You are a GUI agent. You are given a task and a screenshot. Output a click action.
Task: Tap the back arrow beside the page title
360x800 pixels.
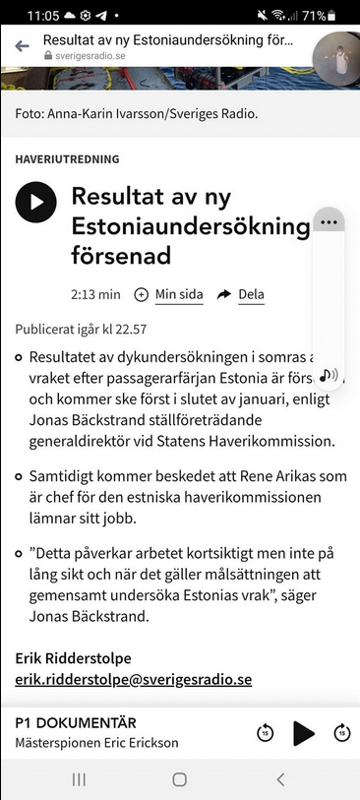pyautogui.click(x=22, y=46)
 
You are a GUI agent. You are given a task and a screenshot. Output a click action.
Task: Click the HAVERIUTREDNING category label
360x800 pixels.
pyautogui.click(x=67, y=158)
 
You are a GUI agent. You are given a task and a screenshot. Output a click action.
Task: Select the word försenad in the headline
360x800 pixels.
pyautogui.click(x=121, y=256)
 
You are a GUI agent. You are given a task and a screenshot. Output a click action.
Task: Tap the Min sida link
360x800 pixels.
pyautogui.click(x=178, y=294)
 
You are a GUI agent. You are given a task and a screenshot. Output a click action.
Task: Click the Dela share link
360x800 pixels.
pyautogui.click(x=251, y=294)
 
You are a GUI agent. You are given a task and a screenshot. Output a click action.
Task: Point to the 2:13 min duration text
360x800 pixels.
pyautogui.click(x=95, y=294)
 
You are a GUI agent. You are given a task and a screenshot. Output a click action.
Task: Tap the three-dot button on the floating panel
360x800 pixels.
pyautogui.click(x=329, y=221)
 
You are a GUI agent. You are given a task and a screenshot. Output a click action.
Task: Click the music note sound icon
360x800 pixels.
pyautogui.click(x=329, y=374)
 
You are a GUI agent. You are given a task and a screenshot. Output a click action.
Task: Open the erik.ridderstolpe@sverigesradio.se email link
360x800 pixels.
pyautogui.click(x=134, y=679)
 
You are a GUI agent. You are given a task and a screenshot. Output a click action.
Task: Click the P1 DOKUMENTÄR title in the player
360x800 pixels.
pyautogui.click(x=76, y=723)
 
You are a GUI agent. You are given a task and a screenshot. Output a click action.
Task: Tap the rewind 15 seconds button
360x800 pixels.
pyautogui.click(x=265, y=732)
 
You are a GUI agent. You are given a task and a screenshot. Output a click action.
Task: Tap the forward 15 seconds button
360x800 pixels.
pyautogui.click(x=342, y=732)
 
